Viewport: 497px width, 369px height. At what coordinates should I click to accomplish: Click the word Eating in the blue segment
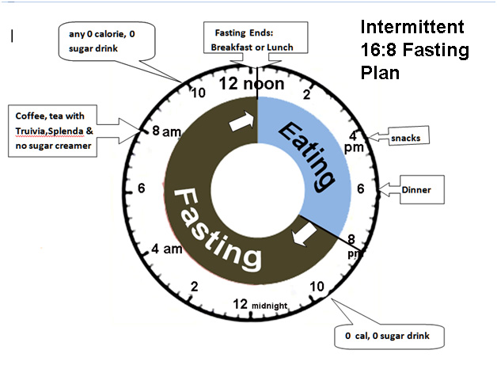pos(307,157)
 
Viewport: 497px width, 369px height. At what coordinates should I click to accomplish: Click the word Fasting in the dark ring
pos(218,229)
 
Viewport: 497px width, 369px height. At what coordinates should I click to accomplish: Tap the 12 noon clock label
pos(252,83)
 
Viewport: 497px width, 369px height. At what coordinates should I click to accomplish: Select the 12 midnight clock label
pos(260,304)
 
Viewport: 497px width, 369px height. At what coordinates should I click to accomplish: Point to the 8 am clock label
pos(166,131)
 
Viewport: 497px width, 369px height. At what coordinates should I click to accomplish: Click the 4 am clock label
pos(167,249)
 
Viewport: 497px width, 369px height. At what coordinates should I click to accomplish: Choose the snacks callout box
pos(409,135)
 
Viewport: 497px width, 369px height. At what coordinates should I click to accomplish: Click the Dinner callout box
pos(422,189)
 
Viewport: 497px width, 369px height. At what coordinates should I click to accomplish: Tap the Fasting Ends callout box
pos(256,37)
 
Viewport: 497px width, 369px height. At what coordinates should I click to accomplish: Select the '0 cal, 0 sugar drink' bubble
pos(389,337)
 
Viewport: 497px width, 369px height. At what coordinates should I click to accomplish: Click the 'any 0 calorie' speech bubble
pos(107,41)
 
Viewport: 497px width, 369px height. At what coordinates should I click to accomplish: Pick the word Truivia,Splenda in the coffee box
pos(49,131)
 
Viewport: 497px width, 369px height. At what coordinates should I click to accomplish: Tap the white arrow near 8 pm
pos(304,234)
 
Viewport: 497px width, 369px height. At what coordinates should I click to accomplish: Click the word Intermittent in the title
pos(412,27)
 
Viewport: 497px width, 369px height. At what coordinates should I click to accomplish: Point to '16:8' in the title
pos(378,50)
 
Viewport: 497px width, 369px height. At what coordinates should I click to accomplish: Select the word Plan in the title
pos(380,73)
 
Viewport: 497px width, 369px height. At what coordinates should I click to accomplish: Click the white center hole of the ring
pos(258,189)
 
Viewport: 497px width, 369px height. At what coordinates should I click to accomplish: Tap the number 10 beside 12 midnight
pos(317,287)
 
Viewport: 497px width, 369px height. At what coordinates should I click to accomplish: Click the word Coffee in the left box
pos(31,116)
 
